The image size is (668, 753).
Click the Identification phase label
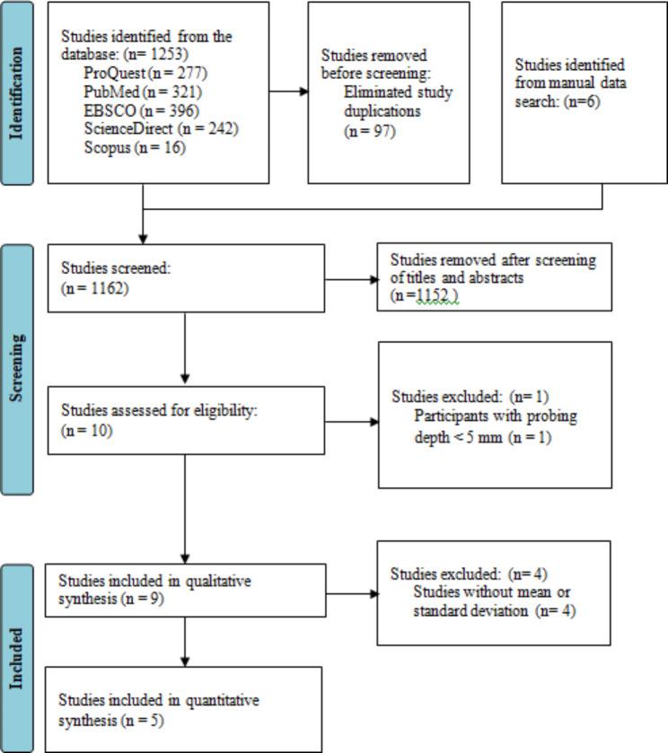pos(16,92)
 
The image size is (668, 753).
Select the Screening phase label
pos(16,369)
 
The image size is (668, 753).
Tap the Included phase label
pos(16,657)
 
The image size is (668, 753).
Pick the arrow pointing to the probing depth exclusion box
pos(351,420)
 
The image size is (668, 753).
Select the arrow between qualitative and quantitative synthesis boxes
pos(184,642)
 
